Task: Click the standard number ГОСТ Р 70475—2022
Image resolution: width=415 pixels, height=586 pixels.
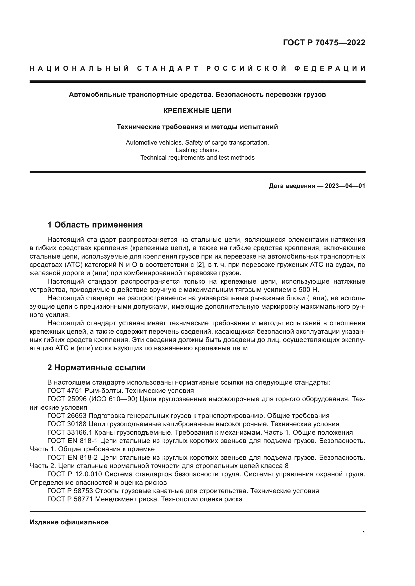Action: [x=324, y=43]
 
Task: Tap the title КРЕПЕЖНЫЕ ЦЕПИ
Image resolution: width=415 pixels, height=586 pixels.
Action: [x=197, y=111]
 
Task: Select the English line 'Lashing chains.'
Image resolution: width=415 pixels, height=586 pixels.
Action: [x=197, y=150]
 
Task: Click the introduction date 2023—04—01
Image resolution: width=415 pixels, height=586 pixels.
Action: [x=345, y=186]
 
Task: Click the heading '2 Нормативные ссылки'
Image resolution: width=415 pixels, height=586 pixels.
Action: [x=96, y=368]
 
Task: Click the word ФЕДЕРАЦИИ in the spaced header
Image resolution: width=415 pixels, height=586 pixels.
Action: [x=330, y=68]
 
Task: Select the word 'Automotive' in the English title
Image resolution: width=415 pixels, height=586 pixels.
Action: [x=140, y=142]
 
